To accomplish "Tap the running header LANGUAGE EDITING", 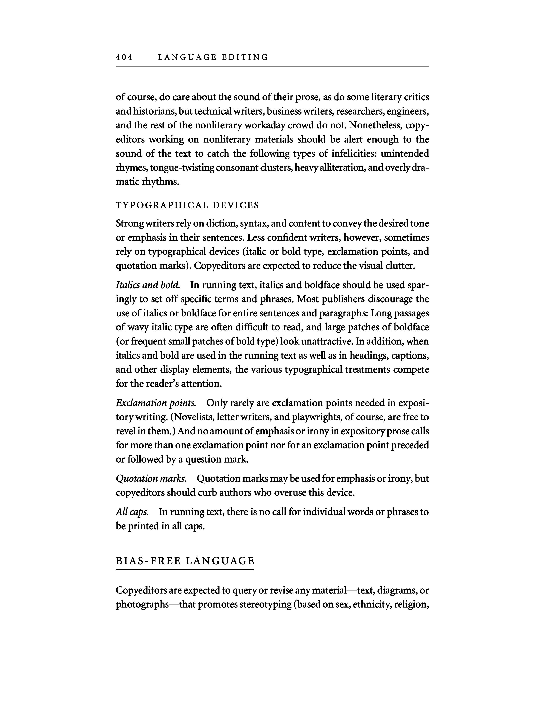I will coord(213,57).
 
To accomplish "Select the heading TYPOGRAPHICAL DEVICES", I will coord(188,205).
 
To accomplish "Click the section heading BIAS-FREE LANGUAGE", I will coord(185,561).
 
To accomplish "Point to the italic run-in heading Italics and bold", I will coord(148,285).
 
